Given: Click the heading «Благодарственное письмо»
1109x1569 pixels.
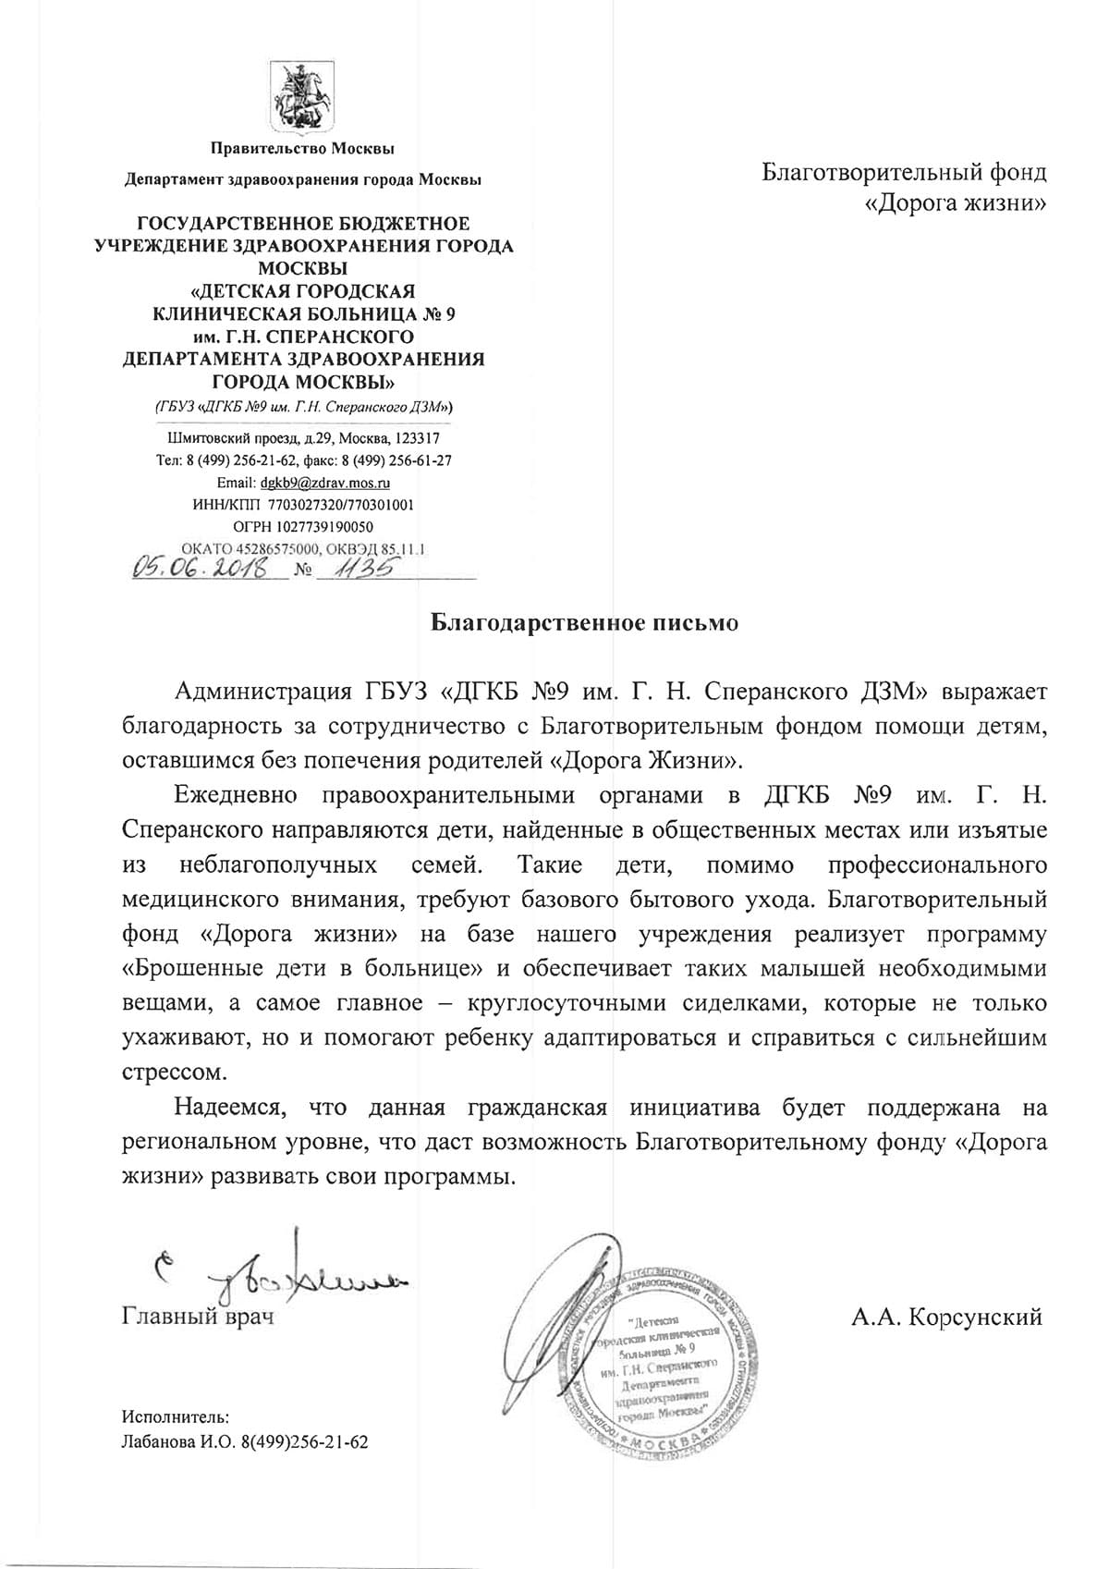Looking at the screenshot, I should coord(586,623).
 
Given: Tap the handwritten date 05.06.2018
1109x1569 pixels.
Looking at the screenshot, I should coord(200,567).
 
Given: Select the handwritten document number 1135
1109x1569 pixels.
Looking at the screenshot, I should coord(357,566).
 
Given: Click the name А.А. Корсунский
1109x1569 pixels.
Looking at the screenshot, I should coord(946,1317).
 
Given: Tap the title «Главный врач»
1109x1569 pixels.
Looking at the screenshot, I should coord(198,1317).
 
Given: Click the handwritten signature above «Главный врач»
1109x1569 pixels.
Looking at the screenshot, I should coord(277,1276).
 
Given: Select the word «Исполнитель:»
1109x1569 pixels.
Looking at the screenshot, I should coord(176,1416).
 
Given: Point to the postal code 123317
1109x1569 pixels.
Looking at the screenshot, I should coord(418,438).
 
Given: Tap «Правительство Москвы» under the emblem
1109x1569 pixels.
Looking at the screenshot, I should coord(302,148).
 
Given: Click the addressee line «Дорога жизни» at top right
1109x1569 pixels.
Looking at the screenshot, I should coord(955,202).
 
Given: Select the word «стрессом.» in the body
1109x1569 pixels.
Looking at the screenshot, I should coord(174,1073).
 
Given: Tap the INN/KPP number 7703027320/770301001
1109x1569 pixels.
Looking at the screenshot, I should coord(341,505).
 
